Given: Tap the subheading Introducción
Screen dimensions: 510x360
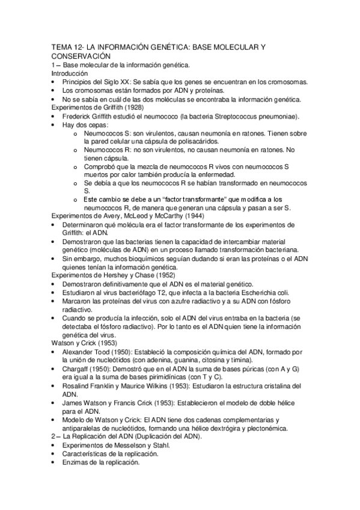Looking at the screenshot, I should [69, 73].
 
